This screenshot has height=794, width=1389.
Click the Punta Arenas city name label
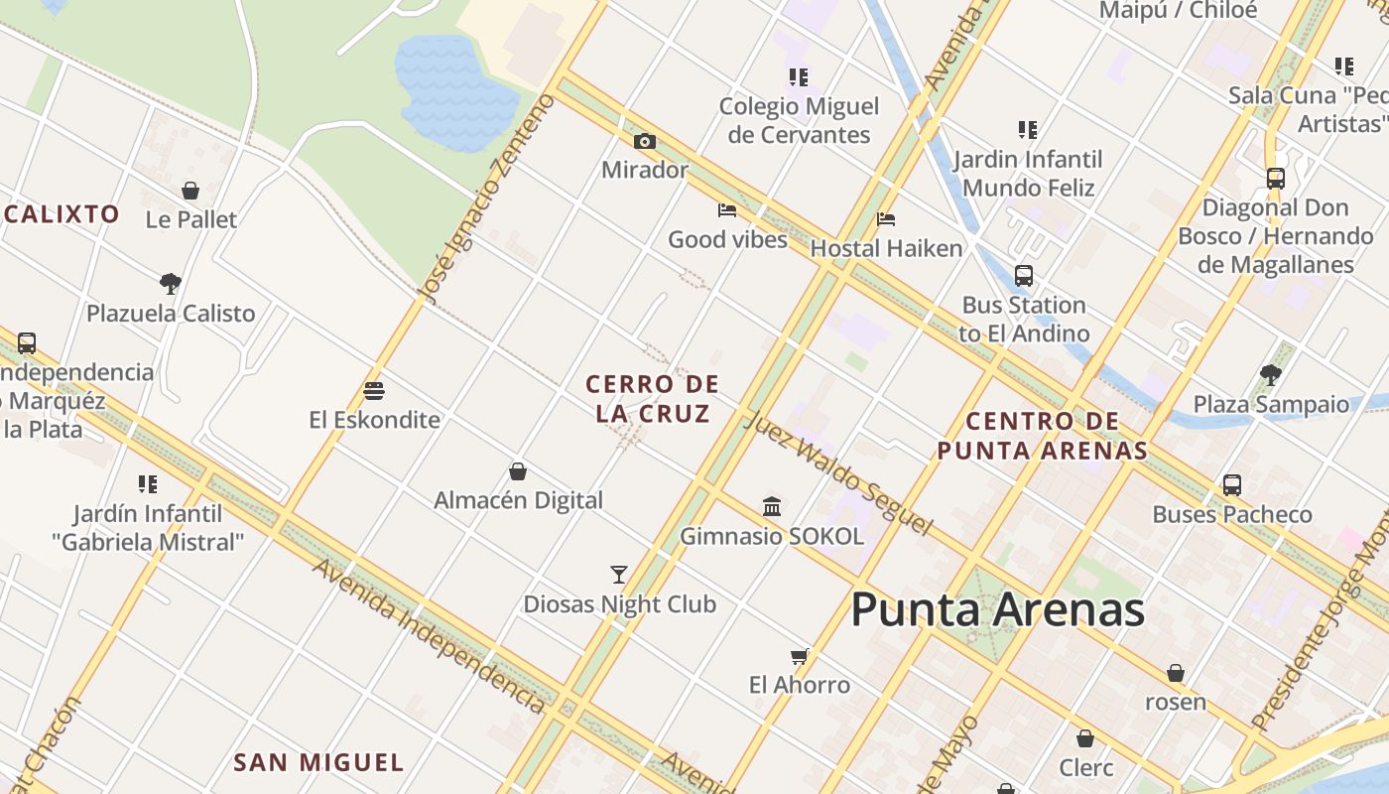pos(997,609)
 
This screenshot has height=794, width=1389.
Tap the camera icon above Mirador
pos(645,142)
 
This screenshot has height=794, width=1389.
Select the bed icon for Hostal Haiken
pos(886,219)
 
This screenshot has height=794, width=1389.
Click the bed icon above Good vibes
pos(727,210)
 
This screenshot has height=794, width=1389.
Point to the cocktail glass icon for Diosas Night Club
pos(619,575)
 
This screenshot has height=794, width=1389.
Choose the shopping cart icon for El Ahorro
pos(800,656)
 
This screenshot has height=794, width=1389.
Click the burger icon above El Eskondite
pos(374,390)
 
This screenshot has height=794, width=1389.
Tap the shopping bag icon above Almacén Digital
pos(518,471)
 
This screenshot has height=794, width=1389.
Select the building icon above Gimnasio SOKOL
pos(772,507)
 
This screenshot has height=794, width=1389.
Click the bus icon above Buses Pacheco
pos(1231,485)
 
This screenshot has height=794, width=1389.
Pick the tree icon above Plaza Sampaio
pos(1271,375)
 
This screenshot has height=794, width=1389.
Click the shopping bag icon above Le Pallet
pos(190,191)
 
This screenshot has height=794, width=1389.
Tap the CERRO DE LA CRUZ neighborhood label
pos(652,399)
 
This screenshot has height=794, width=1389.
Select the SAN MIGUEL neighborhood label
pos(318,762)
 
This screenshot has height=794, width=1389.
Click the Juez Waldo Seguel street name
pos(838,472)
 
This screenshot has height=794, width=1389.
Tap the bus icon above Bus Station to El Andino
pos(1024,276)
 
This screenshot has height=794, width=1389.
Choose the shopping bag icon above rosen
pos(1176,673)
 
